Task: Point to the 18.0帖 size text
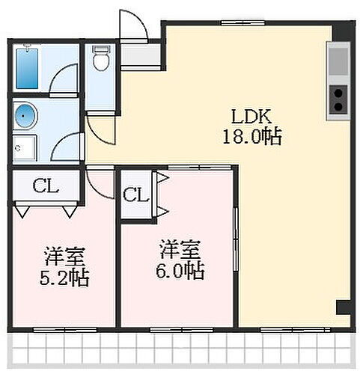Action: [x=250, y=137]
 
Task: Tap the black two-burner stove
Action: [x=338, y=98]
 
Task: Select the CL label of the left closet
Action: [x=44, y=186]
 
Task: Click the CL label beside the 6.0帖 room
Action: [x=135, y=196]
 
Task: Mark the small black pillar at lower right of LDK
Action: [x=342, y=307]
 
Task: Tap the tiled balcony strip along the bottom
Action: [x=180, y=349]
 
